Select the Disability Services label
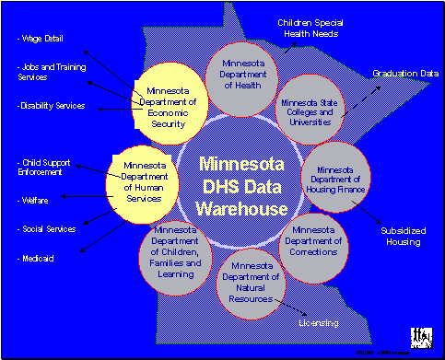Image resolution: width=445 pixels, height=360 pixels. coord(51,106)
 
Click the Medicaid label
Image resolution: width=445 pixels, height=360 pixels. coord(36,259)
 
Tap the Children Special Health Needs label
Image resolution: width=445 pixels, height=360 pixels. coord(310,29)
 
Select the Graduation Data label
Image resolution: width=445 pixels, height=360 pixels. coord(404,72)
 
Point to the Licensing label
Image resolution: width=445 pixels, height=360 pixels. coord(318,323)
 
